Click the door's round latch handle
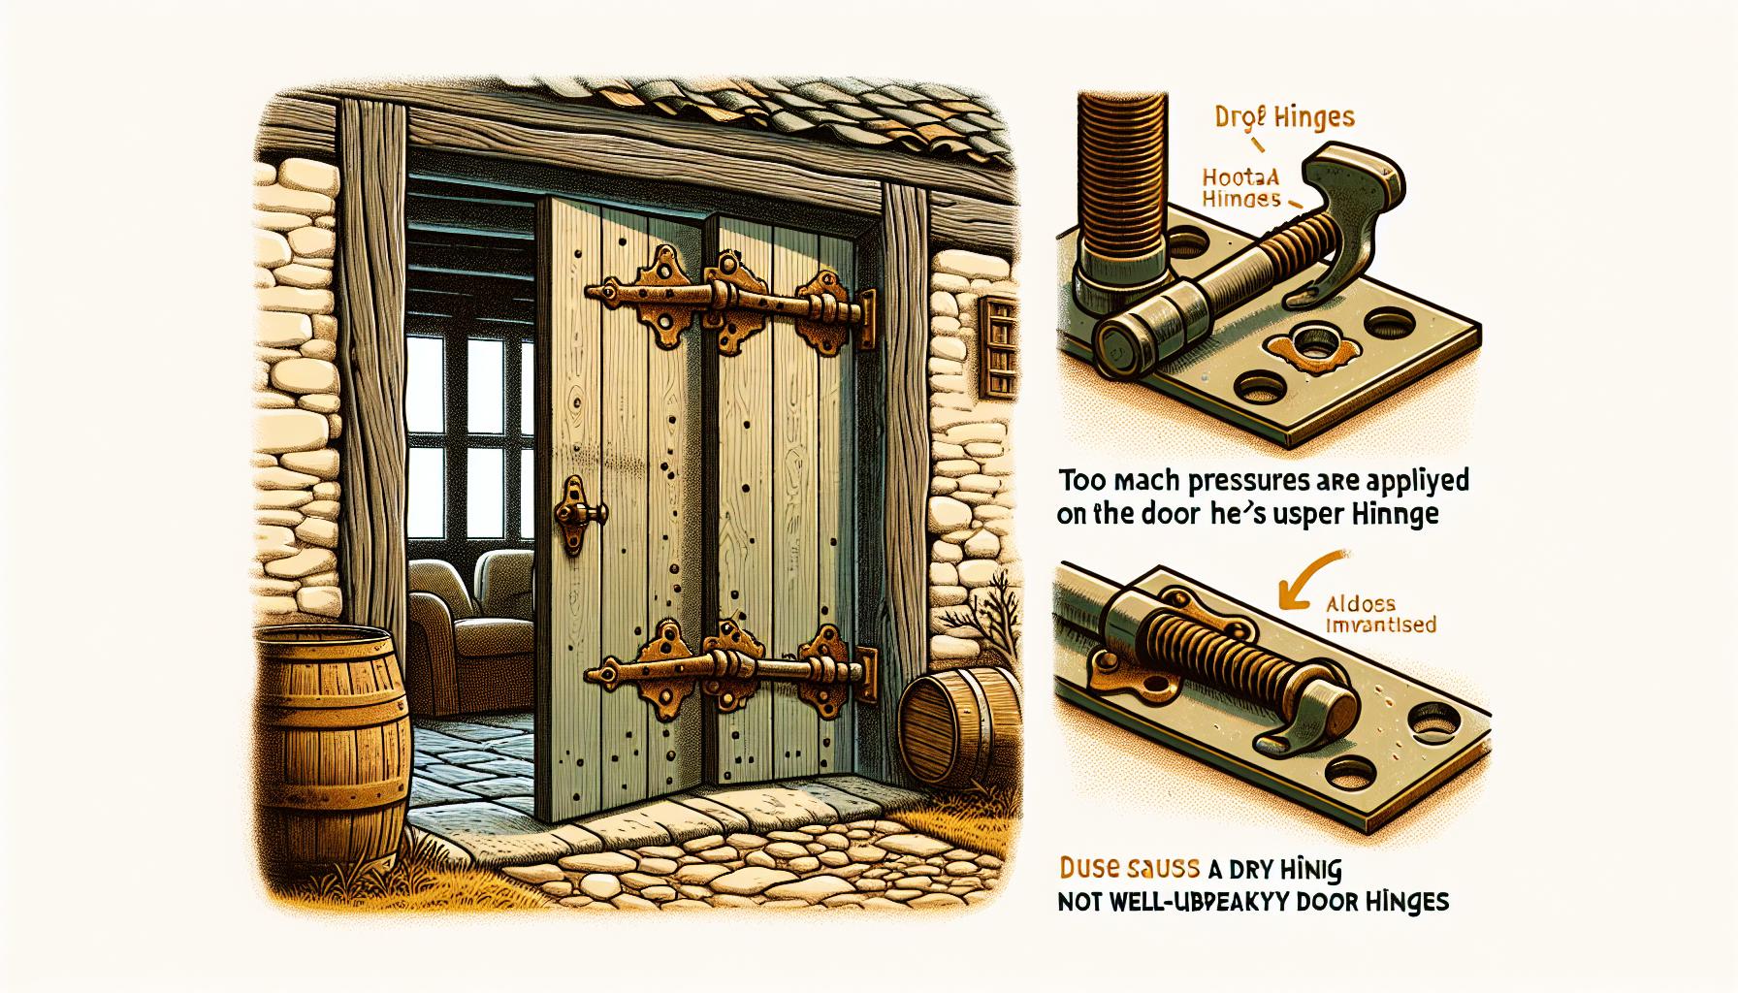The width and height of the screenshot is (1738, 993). click(x=579, y=512)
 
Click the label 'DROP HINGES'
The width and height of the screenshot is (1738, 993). click(x=1285, y=119)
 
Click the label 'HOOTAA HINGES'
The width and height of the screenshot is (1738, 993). click(x=1244, y=186)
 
